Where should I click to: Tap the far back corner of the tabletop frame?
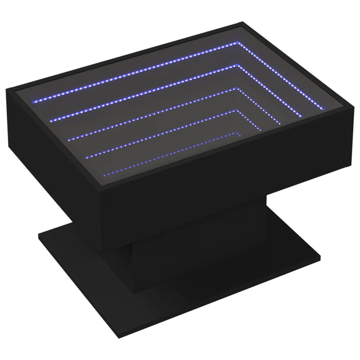242,23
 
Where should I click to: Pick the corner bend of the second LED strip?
239,66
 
